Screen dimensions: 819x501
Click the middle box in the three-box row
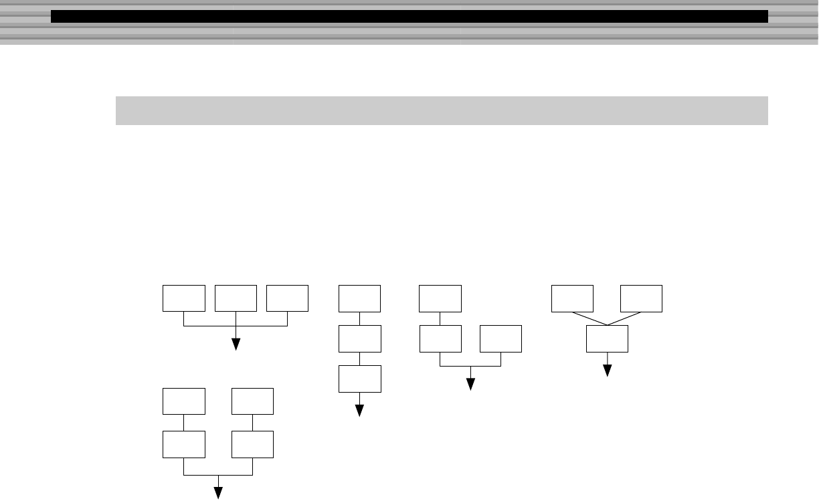click(236, 298)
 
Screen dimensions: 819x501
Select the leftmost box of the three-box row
click(184, 298)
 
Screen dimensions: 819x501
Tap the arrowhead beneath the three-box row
click(236, 344)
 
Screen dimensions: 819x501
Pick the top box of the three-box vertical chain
click(359, 298)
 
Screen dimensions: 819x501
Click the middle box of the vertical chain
click(359, 338)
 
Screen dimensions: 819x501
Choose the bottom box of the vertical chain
click(359, 379)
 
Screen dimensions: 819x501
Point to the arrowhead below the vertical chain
click(359, 411)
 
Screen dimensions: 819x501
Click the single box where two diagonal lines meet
click(607, 338)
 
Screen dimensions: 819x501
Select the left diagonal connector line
click(589, 318)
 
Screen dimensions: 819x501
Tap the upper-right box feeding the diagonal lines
click(641, 298)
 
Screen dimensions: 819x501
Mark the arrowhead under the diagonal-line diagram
click(608, 371)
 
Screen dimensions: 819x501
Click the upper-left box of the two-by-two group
click(184, 401)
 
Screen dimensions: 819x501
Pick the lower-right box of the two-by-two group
click(252, 444)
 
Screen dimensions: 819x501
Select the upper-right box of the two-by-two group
click(252, 401)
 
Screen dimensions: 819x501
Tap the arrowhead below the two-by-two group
click(218, 493)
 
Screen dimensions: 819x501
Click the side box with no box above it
click(500, 338)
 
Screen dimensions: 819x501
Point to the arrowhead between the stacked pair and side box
click(470, 384)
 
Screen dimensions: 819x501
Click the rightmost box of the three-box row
click(287, 298)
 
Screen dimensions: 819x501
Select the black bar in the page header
click(409, 17)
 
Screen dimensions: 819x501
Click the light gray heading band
click(442, 110)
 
